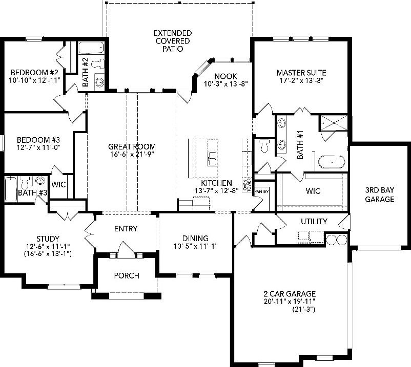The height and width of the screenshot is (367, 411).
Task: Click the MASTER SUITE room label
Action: tap(301, 73)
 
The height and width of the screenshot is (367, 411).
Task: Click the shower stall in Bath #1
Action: tap(333, 125)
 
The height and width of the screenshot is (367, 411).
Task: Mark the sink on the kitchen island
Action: tap(212, 158)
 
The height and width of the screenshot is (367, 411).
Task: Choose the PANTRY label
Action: tap(261, 191)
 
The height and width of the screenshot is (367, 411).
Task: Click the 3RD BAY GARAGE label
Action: tap(379, 194)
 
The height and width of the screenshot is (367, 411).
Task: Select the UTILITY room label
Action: tap(314, 221)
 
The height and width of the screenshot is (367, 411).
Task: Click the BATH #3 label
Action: tap(26, 193)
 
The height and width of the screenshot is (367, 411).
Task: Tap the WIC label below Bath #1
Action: tap(313, 191)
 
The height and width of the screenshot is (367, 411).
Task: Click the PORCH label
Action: tap(127, 276)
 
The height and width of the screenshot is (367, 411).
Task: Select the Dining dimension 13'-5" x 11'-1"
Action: tap(195, 246)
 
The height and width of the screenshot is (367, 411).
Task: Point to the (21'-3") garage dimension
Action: tap(303, 310)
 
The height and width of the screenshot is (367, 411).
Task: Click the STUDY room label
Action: tap(48, 239)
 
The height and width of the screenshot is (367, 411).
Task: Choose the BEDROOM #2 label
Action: tap(31, 72)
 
